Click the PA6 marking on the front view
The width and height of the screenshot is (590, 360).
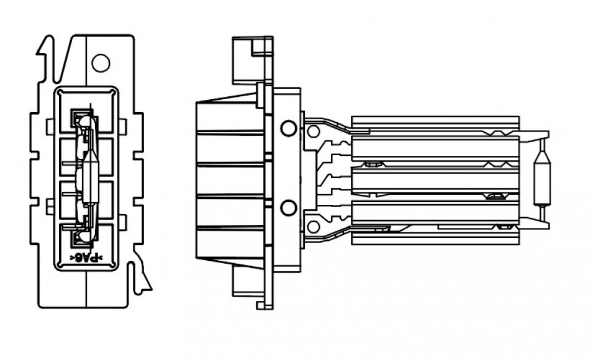86,258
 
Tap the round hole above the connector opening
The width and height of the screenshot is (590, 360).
101,63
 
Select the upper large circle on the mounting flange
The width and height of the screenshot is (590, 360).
289,128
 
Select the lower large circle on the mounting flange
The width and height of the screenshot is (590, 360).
289,208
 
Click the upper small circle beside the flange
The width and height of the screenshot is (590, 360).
313,132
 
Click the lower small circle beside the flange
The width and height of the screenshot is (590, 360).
313,227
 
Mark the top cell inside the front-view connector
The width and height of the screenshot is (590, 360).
86,112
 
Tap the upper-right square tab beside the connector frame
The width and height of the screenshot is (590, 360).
123,126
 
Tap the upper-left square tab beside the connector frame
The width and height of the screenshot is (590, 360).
50,126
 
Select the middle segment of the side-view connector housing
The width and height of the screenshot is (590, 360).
230,179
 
